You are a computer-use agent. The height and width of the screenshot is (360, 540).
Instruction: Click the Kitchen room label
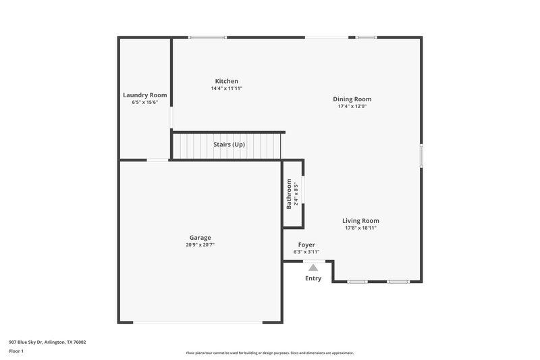click(x=227, y=81)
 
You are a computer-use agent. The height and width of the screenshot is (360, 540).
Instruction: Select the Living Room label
click(x=360, y=221)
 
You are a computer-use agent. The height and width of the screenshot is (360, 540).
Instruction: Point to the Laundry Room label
click(x=144, y=95)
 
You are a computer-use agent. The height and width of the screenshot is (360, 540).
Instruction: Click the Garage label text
click(x=200, y=238)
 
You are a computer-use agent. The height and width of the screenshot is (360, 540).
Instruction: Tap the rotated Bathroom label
click(x=289, y=193)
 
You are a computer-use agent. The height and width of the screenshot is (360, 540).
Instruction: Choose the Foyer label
click(x=306, y=245)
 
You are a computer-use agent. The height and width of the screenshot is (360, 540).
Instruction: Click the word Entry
click(x=313, y=278)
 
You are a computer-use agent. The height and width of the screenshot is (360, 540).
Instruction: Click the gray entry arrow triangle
click(x=313, y=267)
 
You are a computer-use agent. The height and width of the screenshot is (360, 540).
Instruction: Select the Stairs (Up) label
click(x=229, y=145)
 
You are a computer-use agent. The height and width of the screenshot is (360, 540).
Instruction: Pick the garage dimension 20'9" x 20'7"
click(x=200, y=245)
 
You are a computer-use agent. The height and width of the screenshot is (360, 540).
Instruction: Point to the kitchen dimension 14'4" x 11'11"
click(x=227, y=88)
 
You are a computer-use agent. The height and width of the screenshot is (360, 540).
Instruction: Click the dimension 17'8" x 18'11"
click(x=360, y=228)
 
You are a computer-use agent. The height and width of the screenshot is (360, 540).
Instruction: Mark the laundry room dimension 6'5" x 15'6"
click(x=144, y=103)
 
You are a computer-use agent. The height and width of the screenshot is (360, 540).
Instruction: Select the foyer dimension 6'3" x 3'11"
click(x=306, y=252)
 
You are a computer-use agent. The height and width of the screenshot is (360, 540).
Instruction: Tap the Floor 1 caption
click(x=16, y=351)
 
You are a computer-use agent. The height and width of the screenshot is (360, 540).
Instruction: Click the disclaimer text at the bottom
click(x=269, y=353)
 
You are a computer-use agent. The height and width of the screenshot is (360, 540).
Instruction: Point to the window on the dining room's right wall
click(x=421, y=155)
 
